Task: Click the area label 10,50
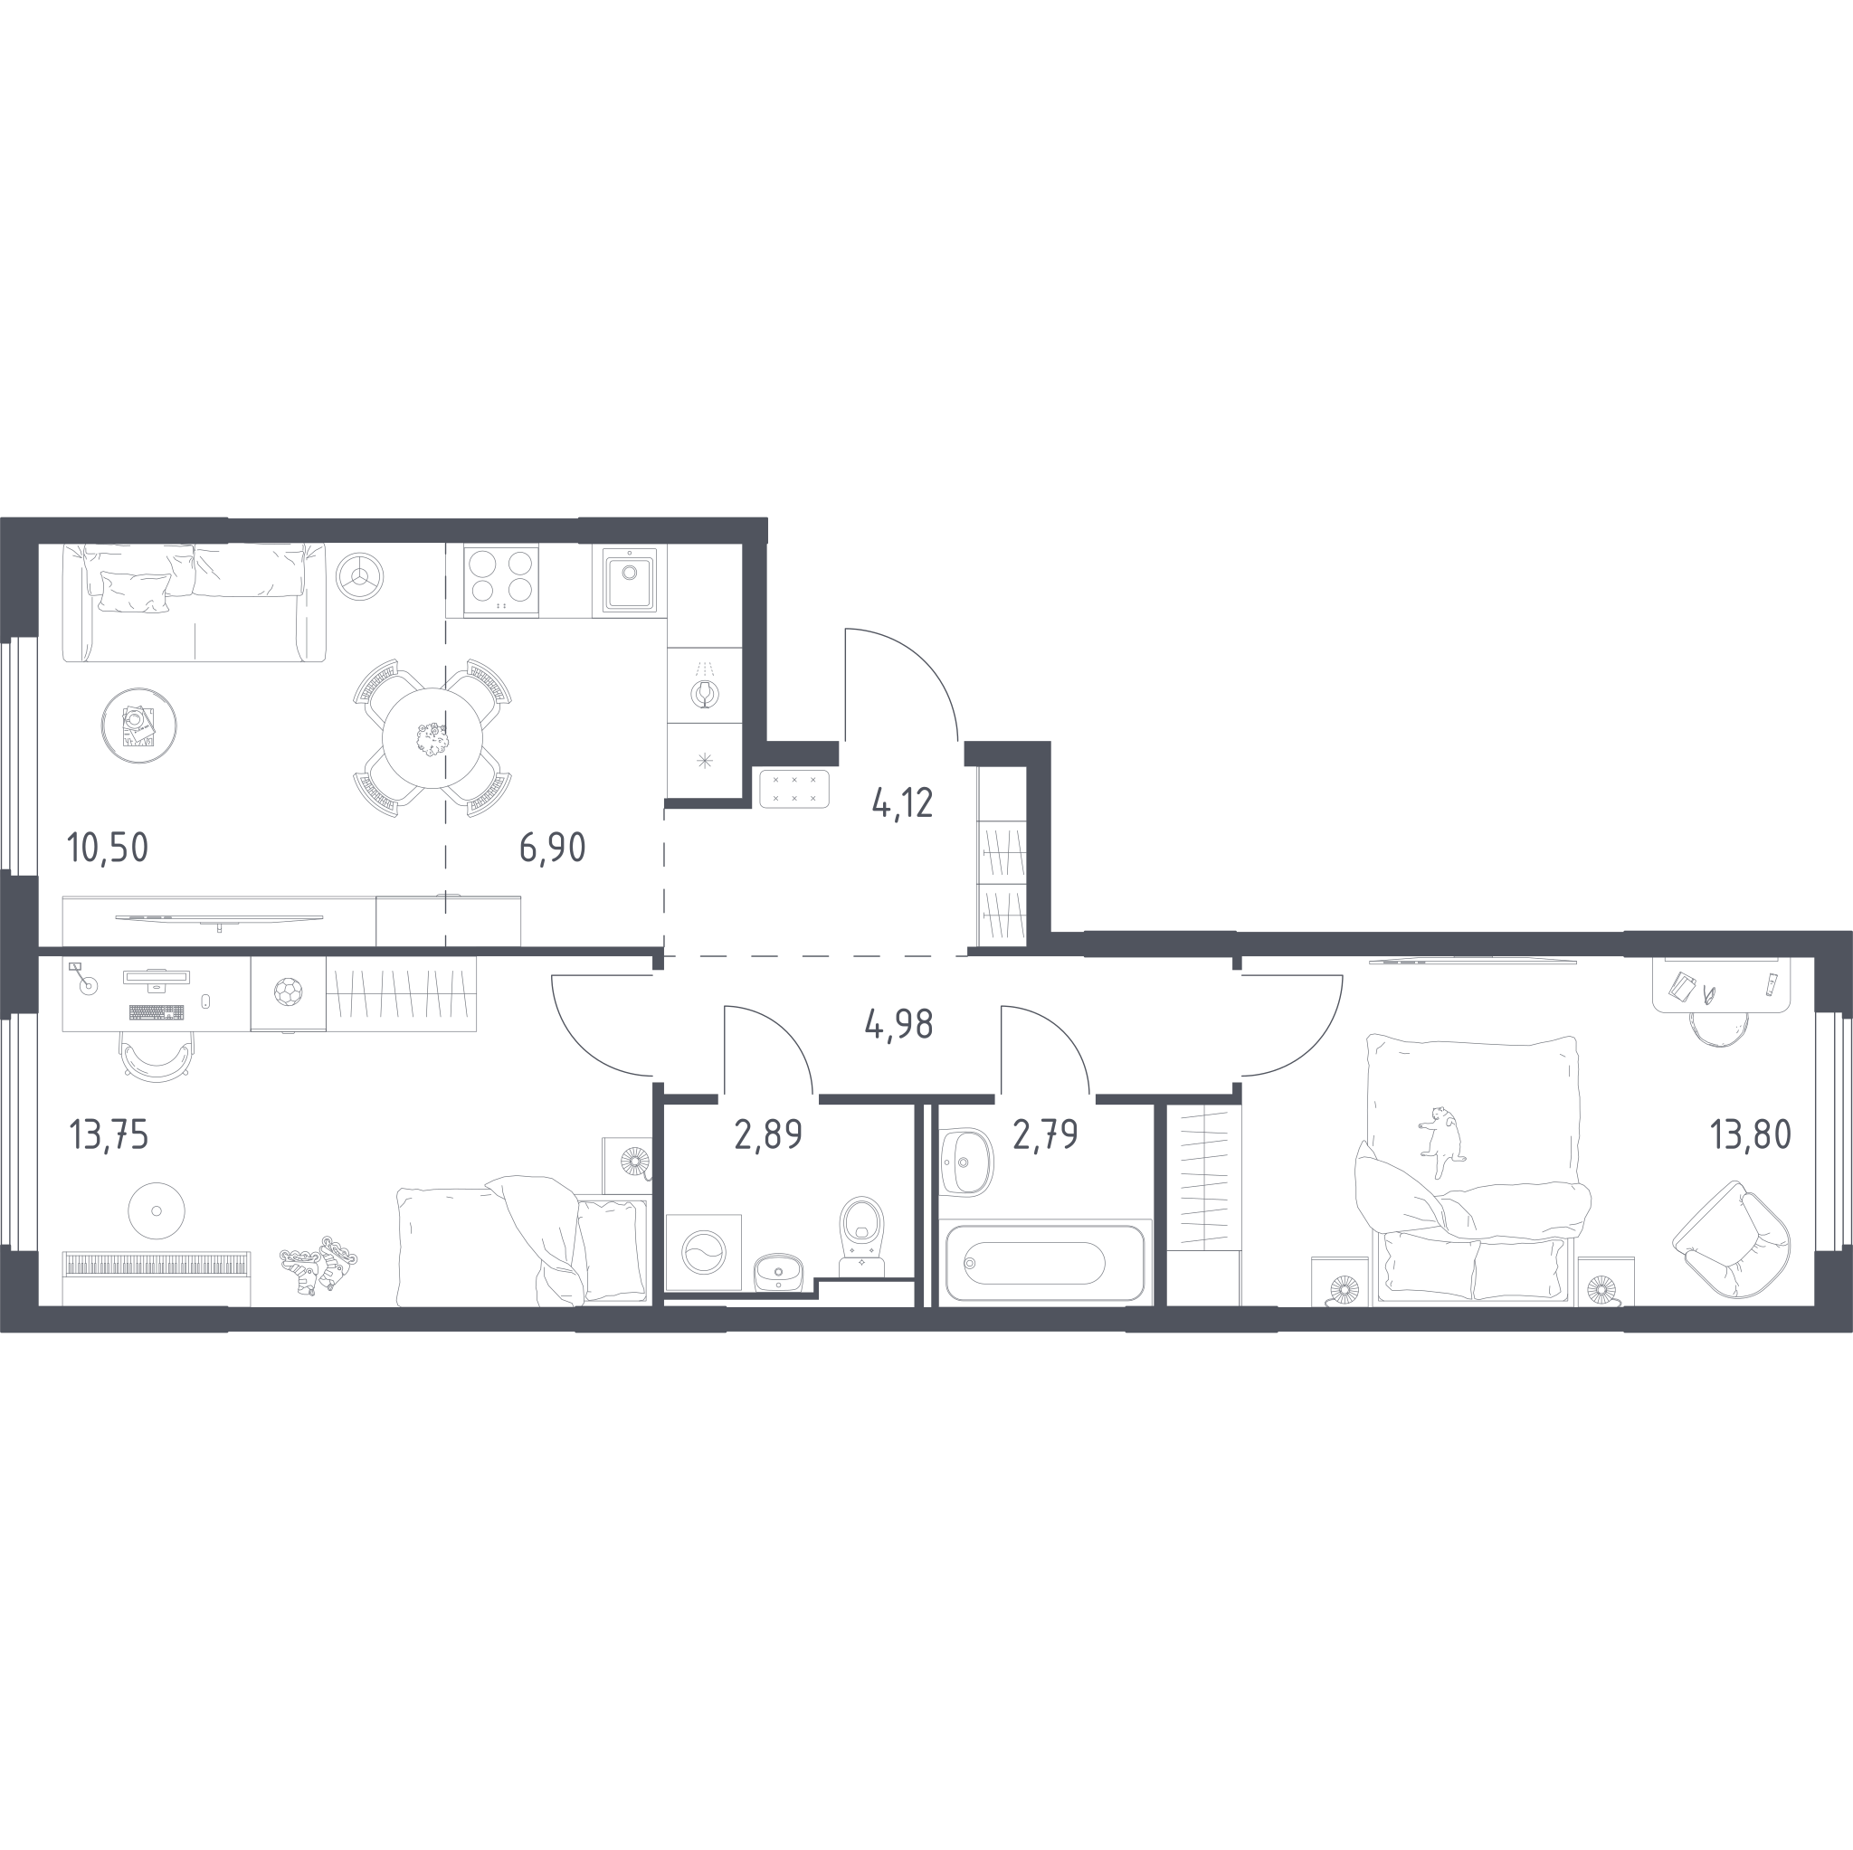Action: [109, 848]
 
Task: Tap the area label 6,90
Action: [553, 848]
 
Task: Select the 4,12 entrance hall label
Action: [902, 802]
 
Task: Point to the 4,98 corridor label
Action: [898, 1024]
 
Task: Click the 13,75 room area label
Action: [109, 1134]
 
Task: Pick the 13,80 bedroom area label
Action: [1751, 1134]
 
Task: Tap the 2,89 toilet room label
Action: [768, 1134]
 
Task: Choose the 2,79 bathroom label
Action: [1045, 1134]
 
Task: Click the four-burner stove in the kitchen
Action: [500, 580]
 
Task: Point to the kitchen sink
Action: [629, 579]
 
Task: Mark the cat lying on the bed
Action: [1441, 1142]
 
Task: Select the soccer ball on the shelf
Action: [288, 991]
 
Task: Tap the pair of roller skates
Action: [319, 1264]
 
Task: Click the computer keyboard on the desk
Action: [157, 1011]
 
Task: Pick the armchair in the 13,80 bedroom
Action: [1731, 1240]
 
